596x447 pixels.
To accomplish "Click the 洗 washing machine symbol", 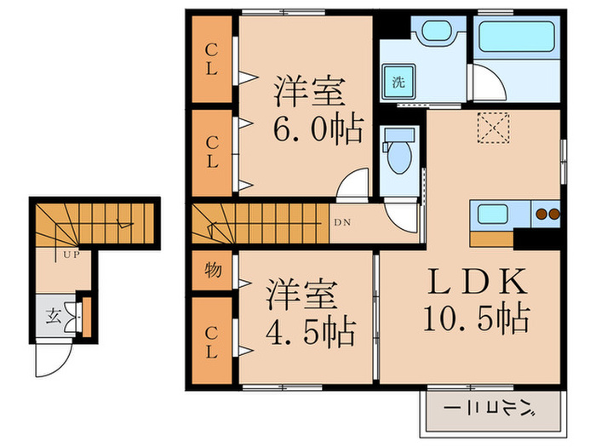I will (x=398, y=83).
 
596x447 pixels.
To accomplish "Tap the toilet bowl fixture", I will (x=397, y=156).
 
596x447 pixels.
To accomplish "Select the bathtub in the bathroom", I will (x=516, y=39).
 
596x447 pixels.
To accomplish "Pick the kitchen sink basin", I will (x=493, y=213).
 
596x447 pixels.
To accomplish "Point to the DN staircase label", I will (x=341, y=223).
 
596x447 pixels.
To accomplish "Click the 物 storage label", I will (x=212, y=272).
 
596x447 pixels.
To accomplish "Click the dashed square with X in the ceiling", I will (x=491, y=129).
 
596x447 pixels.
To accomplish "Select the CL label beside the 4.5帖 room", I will (x=212, y=349).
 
